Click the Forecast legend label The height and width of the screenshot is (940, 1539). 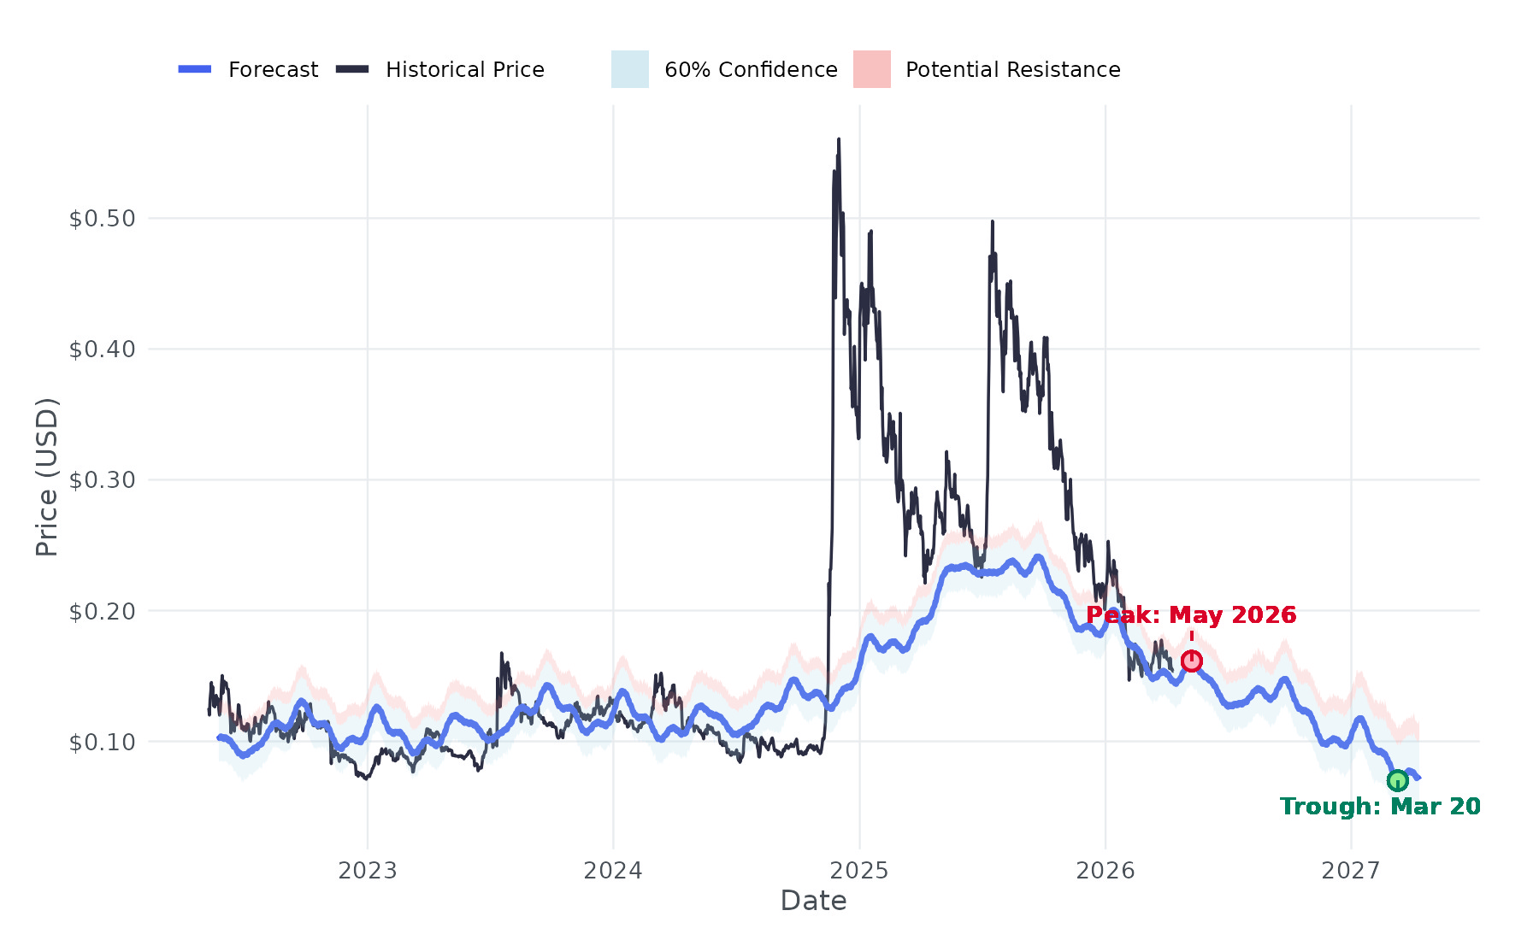pyautogui.click(x=273, y=70)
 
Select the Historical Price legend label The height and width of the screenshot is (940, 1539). pyautogui.click(x=464, y=70)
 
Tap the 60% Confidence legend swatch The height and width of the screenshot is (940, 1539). pyautogui.click(x=630, y=69)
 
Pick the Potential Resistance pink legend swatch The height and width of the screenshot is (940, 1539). pyautogui.click(x=871, y=69)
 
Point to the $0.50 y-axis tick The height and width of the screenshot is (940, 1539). pyautogui.click(x=103, y=219)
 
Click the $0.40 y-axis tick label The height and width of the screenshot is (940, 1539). pyautogui.click(x=103, y=350)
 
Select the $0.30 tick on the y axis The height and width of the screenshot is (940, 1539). pyautogui.click(x=103, y=480)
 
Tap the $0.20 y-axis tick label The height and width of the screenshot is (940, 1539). pyautogui.click(x=103, y=611)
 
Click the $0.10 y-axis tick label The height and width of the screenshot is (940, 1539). pyautogui.click(x=103, y=742)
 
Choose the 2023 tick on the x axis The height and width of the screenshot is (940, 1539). pyautogui.click(x=368, y=871)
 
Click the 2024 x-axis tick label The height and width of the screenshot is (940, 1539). pyautogui.click(x=613, y=871)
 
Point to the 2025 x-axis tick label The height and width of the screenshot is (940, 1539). pyautogui.click(x=859, y=871)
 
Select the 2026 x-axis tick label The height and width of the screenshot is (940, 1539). pyautogui.click(x=1105, y=871)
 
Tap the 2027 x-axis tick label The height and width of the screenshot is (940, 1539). pyautogui.click(x=1351, y=871)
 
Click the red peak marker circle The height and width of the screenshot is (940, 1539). pyautogui.click(x=1192, y=661)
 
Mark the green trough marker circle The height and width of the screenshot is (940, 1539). pyautogui.click(x=1397, y=780)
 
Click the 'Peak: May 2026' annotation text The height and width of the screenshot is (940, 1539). pyautogui.click(x=1191, y=615)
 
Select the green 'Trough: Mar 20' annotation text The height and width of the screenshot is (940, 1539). pyautogui.click(x=1380, y=807)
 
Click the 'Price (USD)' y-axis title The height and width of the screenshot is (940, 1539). pyautogui.click(x=47, y=477)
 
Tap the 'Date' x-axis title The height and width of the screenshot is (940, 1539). pyautogui.click(x=813, y=901)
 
